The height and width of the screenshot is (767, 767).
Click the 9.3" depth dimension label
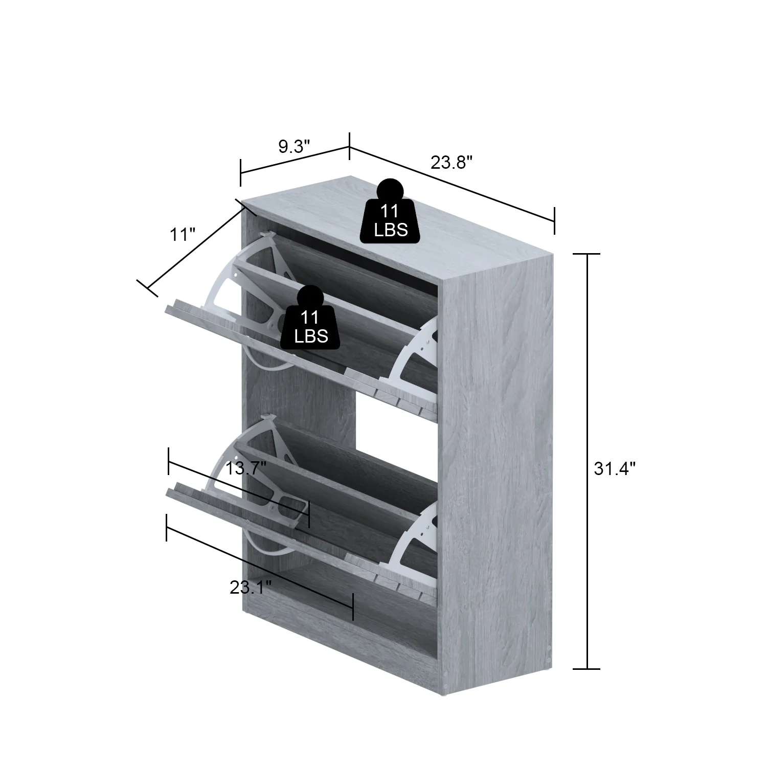[x=294, y=147]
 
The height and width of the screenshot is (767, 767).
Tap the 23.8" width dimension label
[x=451, y=163]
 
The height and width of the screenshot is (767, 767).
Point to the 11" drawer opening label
[x=183, y=235]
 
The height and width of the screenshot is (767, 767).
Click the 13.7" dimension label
[x=246, y=468]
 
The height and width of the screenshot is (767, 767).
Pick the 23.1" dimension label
[x=250, y=588]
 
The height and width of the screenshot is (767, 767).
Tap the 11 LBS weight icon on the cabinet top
[x=390, y=215]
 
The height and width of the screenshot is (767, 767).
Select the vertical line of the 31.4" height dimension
[x=586, y=460]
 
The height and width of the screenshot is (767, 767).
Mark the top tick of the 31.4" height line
[x=586, y=254]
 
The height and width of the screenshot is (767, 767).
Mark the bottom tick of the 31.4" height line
[x=586, y=668]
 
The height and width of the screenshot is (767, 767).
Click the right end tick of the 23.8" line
[x=554, y=220]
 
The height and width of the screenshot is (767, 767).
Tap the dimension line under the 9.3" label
[x=295, y=160]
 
